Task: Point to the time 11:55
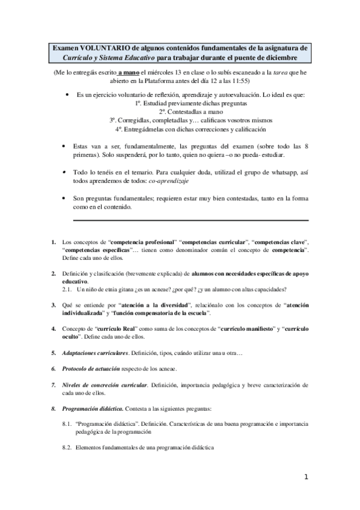tap(241, 81)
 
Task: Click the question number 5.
tap(53, 352)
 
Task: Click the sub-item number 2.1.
tap(68, 289)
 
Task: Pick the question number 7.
tap(53, 384)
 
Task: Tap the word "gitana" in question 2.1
tap(133, 289)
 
